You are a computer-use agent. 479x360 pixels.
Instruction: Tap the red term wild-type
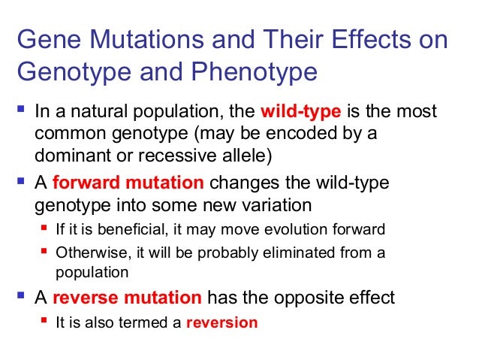[300, 113]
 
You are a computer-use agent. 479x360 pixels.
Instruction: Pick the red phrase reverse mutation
[140, 298]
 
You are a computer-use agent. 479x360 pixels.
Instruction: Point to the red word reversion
[221, 322]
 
